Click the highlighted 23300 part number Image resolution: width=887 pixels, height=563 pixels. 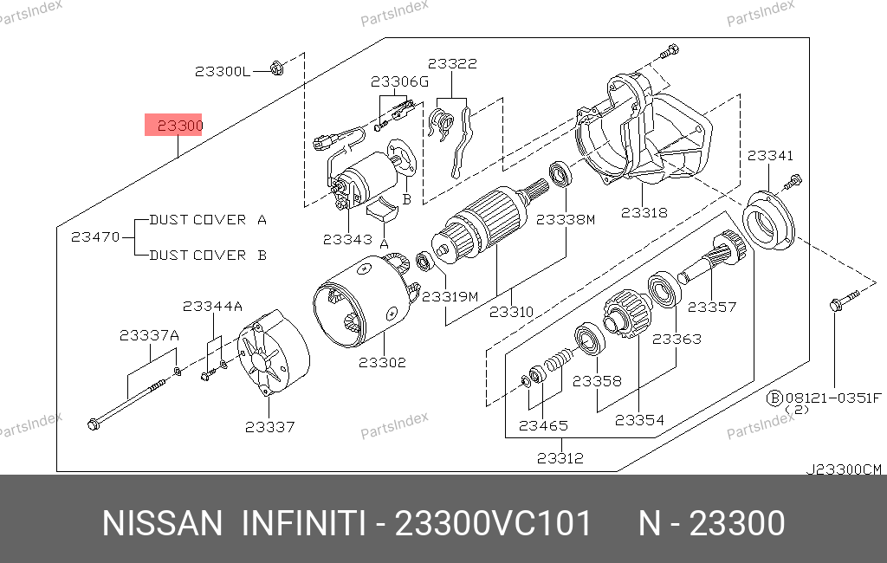(180, 126)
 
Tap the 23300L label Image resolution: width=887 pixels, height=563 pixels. (223, 72)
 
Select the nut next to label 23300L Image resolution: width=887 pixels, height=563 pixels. (276, 68)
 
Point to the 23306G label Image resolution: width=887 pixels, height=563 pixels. (399, 82)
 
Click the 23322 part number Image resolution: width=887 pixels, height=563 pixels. (452, 63)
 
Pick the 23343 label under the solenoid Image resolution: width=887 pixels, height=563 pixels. (347, 239)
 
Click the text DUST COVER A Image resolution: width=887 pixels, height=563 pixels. (208, 220)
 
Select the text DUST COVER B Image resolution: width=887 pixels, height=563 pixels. (208, 256)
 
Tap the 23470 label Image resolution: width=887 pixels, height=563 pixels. (95, 237)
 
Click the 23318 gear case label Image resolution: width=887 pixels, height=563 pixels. (644, 213)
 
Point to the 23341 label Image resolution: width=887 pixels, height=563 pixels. (770, 156)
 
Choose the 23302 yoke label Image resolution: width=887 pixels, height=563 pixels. (382, 362)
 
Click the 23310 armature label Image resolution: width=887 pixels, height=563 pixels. (511, 312)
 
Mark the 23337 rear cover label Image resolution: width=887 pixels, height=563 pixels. (270, 427)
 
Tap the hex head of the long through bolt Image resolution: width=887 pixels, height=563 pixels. (94, 424)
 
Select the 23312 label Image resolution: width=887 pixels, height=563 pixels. (560, 457)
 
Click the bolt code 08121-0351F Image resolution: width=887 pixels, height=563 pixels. (833, 398)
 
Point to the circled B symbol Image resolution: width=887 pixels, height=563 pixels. (774, 398)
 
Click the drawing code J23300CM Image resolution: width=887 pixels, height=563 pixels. (844, 469)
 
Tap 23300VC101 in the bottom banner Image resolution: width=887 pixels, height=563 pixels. (493, 523)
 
